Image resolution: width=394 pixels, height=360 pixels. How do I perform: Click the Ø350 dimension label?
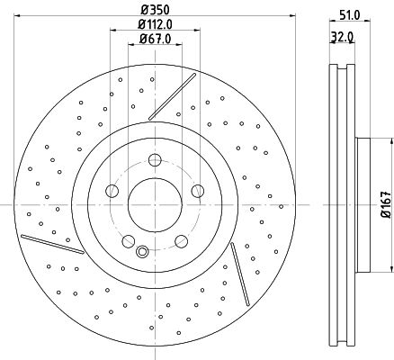tap(155, 10)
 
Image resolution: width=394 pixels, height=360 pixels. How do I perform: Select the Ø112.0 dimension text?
tap(155, 24)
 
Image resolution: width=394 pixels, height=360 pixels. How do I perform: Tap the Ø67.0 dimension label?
tap(155, 39)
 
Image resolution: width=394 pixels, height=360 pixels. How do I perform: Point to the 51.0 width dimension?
tap(350, 14)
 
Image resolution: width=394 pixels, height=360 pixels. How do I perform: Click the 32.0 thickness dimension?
tap(342, 37)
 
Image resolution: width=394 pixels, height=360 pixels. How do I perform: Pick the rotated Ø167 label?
tap(386, 204)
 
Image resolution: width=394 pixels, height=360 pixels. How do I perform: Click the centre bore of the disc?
tap(155, 205)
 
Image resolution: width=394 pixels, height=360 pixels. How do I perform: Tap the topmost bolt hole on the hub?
tap(155, 159)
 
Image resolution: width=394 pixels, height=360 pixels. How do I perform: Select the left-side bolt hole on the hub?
tap(112, 191)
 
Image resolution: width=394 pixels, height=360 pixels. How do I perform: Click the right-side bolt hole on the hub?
tap(198, 191)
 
